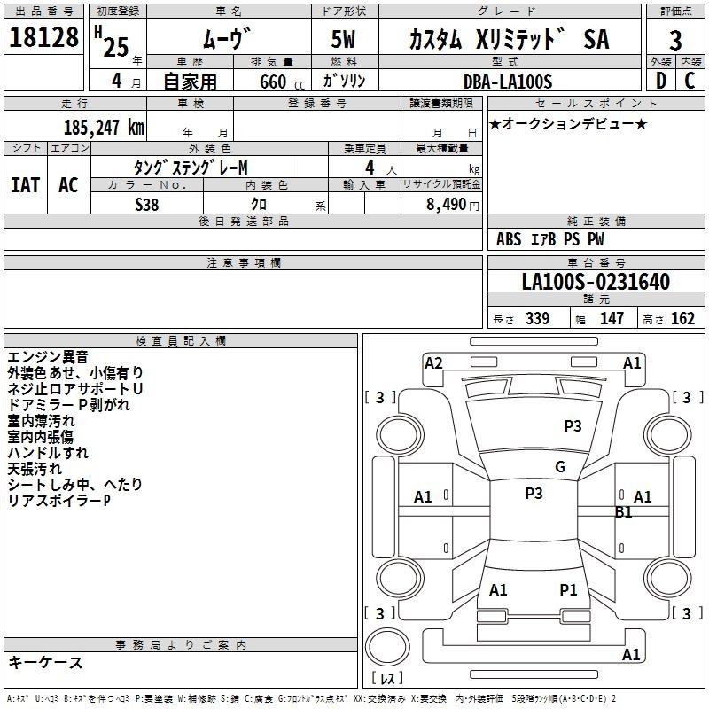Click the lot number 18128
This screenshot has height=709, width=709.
click(43, 37)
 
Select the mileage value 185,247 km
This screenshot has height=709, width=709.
click(104, 128)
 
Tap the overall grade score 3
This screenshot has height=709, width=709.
click(675, 41)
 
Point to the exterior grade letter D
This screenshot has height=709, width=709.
click(661, 81)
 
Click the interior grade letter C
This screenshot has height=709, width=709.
click(690, 81)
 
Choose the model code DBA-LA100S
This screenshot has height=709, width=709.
click(508, 82)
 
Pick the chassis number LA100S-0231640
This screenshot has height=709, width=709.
click(596, 282)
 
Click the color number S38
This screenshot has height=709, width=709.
click(147, 205)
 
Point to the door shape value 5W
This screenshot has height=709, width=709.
click(343, 39)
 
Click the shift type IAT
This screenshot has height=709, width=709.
click(26, 185)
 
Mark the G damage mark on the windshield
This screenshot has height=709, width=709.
click(560, 466)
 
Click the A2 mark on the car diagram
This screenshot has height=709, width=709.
click(433, 363)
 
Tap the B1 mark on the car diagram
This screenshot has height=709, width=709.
click(624, 512)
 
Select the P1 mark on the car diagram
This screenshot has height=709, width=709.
click(568, 589)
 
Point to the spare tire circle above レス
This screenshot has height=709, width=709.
click(387, 646)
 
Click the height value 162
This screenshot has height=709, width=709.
click(682, 318)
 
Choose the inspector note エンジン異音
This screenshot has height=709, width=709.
click(48, 357)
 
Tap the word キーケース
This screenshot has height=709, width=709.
click(45, 662)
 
